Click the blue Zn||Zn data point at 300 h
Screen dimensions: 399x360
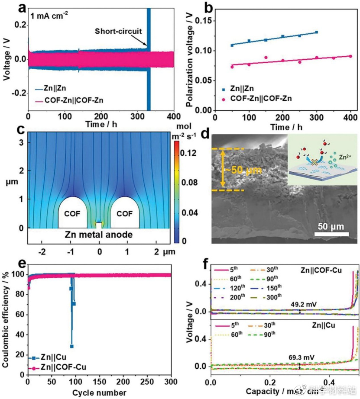317,32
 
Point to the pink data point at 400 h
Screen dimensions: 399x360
350,56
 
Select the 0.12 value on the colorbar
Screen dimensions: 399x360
188,153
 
